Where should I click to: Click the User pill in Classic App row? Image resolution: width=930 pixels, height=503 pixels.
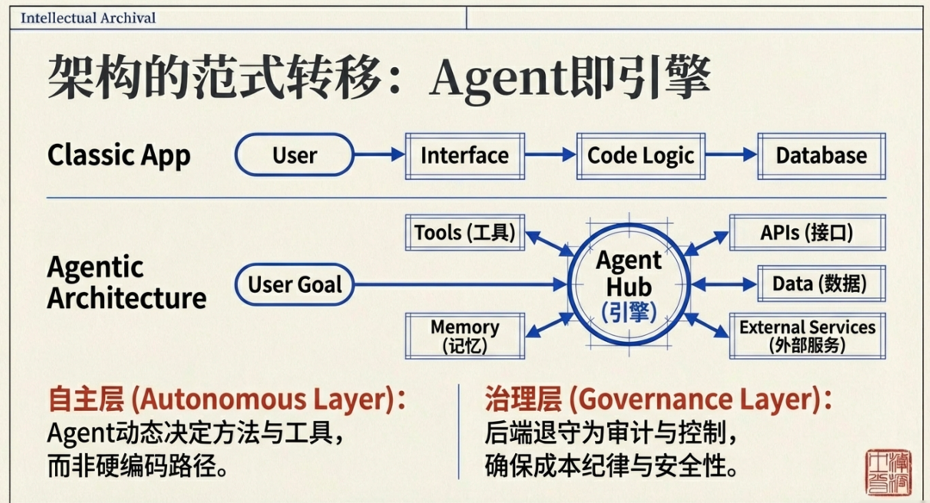pyautogui.click(x=294, y=156)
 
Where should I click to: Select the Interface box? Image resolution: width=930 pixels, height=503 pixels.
pyautogui.click(x=465, y=156)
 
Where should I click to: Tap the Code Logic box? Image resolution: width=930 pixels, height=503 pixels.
pyautogui.click(x=641, y=156)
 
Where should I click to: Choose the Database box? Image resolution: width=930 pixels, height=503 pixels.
pyautogui.click(x=821, y=156)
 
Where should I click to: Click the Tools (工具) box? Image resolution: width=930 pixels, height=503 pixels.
pyautogui.click(x=465, y=233)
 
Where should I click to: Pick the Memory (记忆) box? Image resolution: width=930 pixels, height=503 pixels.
pyautogui.click(x=465, y=336)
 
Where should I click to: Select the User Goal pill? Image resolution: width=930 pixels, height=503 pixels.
pyautogui.click(x=294, y=284)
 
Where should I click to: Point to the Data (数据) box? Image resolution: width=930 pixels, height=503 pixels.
pyautogui.click(x=819, y=284)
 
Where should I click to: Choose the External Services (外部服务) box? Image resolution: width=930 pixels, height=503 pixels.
pyautogui.click(x=807, y=336)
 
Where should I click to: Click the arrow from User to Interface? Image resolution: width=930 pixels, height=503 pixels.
pyautogui.click(x=379, y=155)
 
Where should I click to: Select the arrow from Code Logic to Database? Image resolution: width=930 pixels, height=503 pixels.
pyautogui.click(x=731, y=155)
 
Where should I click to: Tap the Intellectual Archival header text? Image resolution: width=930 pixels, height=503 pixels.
pyautogui.click(x=88, y=17)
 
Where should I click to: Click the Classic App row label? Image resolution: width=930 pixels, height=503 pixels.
pyautogui.click(x=119, y=156)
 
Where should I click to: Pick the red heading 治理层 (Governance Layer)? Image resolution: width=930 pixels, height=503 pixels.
pyautogui.click(x=659, y=400)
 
